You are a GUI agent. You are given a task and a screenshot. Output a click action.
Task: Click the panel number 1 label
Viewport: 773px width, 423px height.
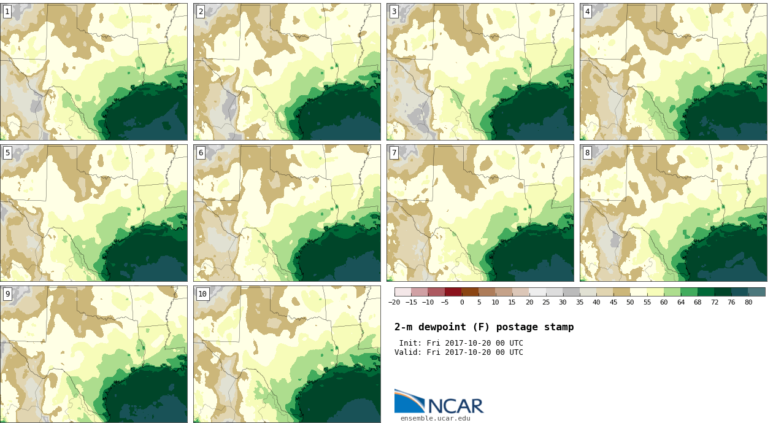click(x=7, y=12)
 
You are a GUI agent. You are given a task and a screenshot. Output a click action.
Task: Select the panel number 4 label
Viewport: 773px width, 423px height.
click(x=587, y=12)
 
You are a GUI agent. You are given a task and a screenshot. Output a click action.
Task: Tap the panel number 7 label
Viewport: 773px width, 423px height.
click(x=394, y=153)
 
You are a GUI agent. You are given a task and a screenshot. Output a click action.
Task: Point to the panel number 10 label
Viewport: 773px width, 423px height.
click(x=202, y=294)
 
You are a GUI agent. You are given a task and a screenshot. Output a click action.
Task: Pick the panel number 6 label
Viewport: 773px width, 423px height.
click(x=201, y=153)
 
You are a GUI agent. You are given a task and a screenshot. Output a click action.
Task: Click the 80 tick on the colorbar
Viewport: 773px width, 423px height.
click(x=748, y=302)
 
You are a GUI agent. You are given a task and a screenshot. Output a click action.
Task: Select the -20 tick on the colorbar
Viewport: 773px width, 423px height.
click(x=394, y=302)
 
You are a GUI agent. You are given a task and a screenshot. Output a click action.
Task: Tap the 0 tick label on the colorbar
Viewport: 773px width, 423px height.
click(x=462, y=302)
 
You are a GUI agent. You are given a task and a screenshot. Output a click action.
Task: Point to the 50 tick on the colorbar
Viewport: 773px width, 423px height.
click(x=630, y=302)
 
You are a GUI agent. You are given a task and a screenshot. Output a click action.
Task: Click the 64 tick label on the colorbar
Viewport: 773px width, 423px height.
click(x=680, y=302)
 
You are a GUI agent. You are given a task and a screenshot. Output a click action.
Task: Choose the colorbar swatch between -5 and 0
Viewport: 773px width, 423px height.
click(x=453, y=292)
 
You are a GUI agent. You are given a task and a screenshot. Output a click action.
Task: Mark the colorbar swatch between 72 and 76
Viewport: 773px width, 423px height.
click(x=723, y=292)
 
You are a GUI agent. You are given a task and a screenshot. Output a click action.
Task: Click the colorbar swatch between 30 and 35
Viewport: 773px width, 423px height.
click(x=571, y=292)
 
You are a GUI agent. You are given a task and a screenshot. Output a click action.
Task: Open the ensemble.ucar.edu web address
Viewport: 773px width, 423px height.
click(x=436, y=419)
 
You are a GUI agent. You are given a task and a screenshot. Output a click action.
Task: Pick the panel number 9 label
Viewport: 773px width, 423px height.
click(x=7, y=294)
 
